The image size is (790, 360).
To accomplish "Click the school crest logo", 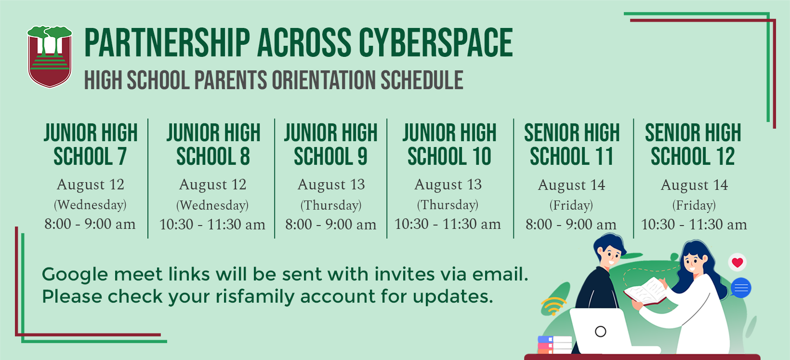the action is click(50, 56).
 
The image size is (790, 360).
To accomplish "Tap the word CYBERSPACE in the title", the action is click(435, 42).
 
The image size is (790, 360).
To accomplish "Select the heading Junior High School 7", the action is click(90, 145).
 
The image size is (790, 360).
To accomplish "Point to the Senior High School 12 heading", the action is click(693, 145).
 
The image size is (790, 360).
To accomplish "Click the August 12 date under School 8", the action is click(212, 185).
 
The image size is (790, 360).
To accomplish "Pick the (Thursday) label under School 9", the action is click(331, 205).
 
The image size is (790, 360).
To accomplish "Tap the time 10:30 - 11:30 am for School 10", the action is click(448, 224).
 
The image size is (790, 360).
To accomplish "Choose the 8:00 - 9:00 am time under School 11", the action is click(571, 225).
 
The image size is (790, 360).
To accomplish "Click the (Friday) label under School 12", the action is click(694, 205).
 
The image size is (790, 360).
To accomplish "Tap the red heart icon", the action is click(737, 262).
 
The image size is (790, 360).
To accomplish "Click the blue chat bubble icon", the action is click(741, 288).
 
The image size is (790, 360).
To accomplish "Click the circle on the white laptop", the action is click(600, 332).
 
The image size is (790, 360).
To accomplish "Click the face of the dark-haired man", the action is click(611, 256).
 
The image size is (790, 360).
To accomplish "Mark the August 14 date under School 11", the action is click(571, 185).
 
